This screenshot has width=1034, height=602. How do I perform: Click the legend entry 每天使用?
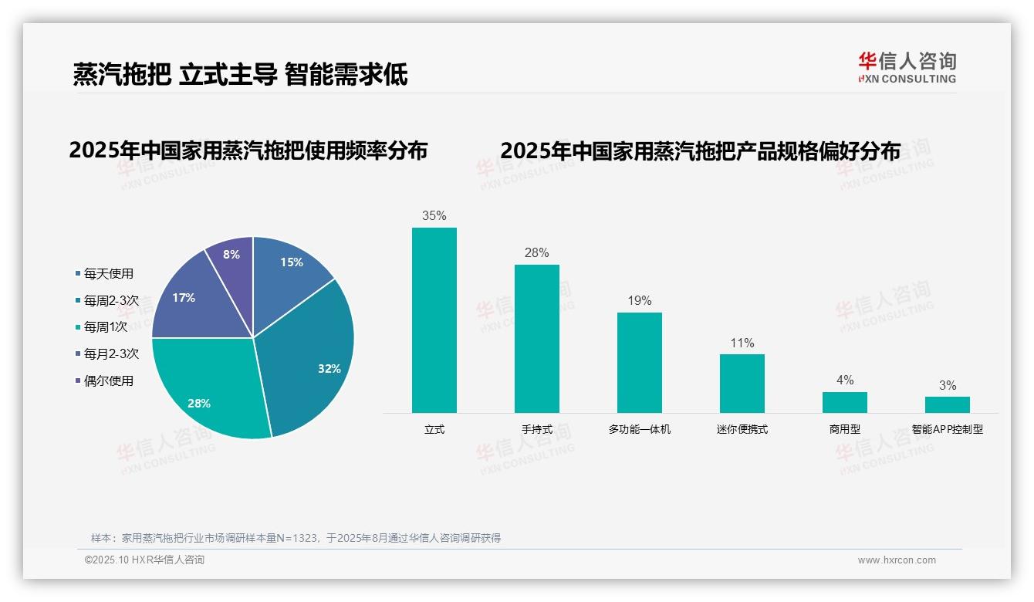(108, 273)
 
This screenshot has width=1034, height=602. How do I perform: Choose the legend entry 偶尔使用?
(108, 380)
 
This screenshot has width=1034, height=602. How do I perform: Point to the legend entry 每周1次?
(106, 326)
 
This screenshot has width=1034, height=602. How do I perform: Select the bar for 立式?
(434, 320)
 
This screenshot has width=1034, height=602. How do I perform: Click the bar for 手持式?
(537, 339)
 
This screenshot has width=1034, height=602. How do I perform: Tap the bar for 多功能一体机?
(640, 363)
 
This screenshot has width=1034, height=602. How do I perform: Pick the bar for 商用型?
(845, 402)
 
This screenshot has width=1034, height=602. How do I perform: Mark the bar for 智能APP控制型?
(948, 404)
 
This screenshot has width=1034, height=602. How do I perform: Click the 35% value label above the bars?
(434, 216)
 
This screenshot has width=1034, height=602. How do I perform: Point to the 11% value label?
(742, 343)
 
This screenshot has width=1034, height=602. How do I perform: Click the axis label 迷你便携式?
(742, 429)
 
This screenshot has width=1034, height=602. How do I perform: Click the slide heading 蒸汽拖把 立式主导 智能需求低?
(240, 74)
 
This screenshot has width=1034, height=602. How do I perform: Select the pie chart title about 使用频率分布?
(248, 150)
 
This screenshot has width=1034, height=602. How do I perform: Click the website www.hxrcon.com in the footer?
(897, 560)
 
